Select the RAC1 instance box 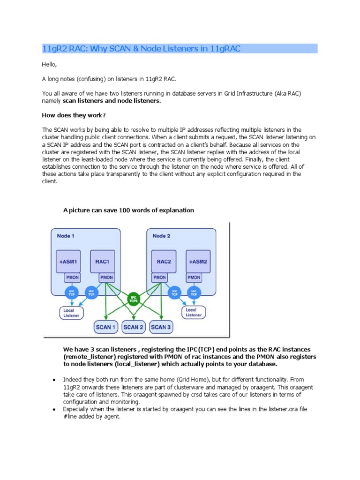click(x=102, y=261)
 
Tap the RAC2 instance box click(x=164, y=261)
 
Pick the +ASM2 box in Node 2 click(x=198, y=261)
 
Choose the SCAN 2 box click(x=133, y=327)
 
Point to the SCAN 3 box click(x=160, y=327)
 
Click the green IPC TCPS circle click(x=134, y=298)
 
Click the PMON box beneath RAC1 click(x=106, y=277)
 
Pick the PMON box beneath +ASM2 click(x=194, y=277)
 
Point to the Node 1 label click(x=66, y=235)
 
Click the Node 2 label click(x=162, y=235)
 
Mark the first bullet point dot click(x=55, y=379)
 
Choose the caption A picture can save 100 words click(x=128, y=210)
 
